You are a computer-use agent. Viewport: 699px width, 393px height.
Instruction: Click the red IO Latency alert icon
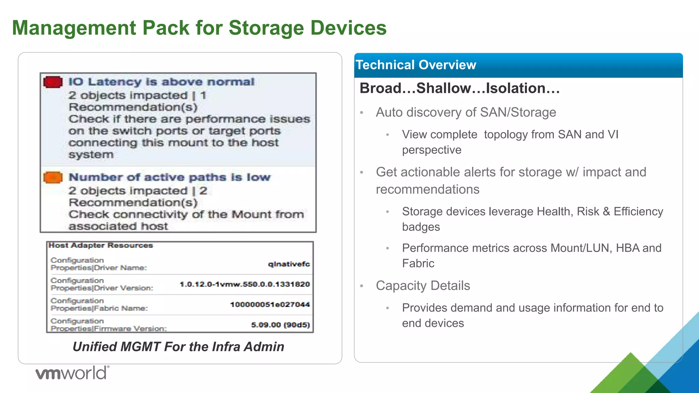coord(53,82)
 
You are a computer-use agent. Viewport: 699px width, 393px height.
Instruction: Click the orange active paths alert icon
coord(53,177)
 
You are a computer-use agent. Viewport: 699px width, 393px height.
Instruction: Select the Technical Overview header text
coord(416,65)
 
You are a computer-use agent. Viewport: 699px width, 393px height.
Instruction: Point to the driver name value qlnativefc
coord(289,264)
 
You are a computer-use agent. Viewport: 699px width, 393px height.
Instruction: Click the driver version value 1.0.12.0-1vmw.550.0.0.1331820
coord(245,284)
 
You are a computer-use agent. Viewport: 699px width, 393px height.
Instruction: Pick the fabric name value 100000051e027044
coord(270,304)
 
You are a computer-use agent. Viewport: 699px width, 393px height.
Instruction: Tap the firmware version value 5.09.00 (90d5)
coord(280,325)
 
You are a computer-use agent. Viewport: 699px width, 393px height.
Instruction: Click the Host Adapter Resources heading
coord(101,245)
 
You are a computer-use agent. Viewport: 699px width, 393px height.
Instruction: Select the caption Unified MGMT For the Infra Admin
coord(178,347)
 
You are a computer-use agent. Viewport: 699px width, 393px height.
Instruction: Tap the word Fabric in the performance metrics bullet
coord(418,263)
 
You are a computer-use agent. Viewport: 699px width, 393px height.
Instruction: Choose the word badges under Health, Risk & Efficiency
coord(421,227)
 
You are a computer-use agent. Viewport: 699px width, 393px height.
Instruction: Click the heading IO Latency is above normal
coord(161,82)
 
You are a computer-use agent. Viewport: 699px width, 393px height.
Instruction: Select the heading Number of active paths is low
coord(169,177)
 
